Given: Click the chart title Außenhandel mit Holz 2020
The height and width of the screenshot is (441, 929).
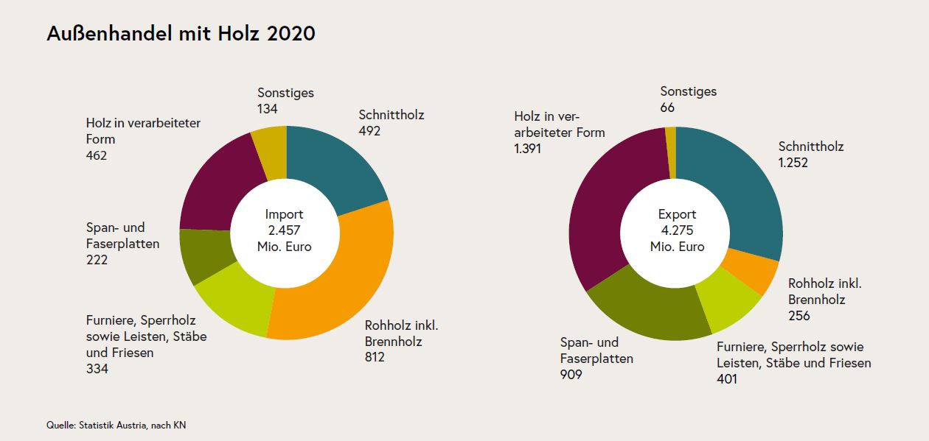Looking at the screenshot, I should [181, 34].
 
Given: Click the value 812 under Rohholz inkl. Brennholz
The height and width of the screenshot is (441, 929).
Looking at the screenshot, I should [375, 358].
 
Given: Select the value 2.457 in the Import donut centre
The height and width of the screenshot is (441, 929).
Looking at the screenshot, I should [285, 230].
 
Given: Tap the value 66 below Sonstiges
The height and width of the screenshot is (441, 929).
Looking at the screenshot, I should [667, 107].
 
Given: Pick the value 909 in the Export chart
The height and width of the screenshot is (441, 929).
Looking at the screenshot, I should [571, 375].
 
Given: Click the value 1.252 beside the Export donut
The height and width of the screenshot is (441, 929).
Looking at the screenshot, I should [793, 163].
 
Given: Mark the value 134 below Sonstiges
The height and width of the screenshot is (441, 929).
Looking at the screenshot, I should [268, 109].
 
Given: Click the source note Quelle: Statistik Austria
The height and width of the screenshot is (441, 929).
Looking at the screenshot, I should [121, 426].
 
